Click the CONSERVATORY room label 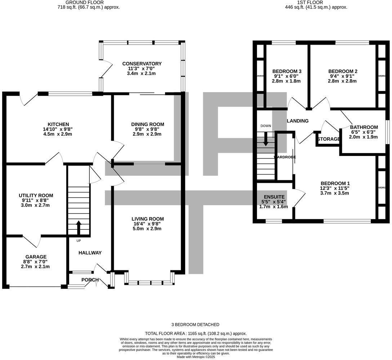(x=142, y=64)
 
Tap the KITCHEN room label (x=58, y=124)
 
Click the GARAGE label (x=36, y=257)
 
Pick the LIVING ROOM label (x=147, y=219)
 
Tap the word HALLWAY (x=90, y=253)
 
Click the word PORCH (x=90, y=280)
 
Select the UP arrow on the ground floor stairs (x=79, y=228)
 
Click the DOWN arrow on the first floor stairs (x=266, y=139)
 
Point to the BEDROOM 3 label (x=287, y=71)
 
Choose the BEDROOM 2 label (x=343, y=71)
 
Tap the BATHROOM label (x=364, y=127)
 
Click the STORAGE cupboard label (x=329, y=139)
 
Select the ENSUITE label (x=274, y=197)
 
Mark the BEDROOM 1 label (x=335, y=183)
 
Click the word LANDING (x=298, y=121)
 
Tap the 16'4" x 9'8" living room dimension (x=147, y=224)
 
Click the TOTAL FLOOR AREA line (x=196, y=334)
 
